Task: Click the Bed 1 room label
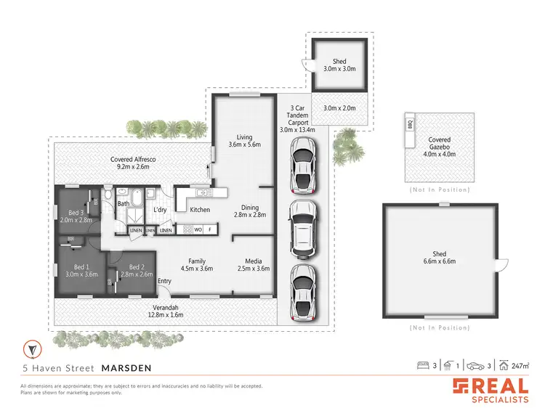click(x=81, y=270)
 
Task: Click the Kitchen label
click(x=200, y=210)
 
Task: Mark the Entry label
click(x=165, y=281)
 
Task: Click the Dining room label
click(x=251, y=211)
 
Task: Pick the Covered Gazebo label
click(x=439, y=144)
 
